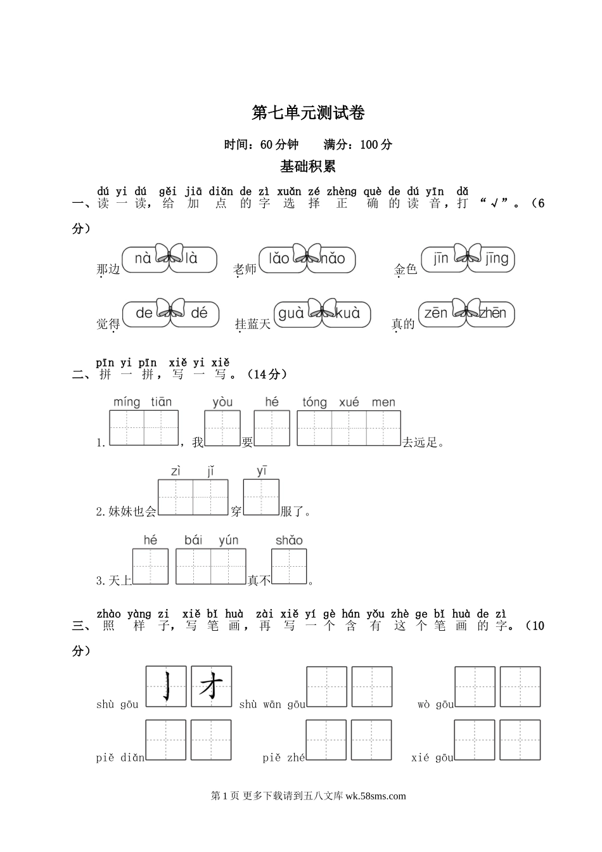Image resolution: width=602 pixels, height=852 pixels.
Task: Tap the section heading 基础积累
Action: click(x=307, y=166)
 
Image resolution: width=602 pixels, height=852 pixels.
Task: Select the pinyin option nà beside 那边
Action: click(x=143, y=259)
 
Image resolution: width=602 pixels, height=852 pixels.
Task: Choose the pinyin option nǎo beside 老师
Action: click(x=333, y=259)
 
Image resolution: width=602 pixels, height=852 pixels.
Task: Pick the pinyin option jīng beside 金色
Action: click(x=497, y=258)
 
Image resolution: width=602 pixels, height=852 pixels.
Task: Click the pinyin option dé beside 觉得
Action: click(x=198, y=313)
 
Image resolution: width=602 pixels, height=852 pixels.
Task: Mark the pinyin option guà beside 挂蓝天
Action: click(x=291, y=313)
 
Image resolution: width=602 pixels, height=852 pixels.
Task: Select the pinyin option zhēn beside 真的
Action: click(x=493, y=313)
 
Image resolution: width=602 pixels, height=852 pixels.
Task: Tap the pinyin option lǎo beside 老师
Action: click(x=279, y=259)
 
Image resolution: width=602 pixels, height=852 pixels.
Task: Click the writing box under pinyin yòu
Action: click(x=222, y=428)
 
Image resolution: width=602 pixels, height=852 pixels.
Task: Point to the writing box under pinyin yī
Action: click(x=261, y=496)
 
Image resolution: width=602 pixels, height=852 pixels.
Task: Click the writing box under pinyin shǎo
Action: click(x=289, y=565)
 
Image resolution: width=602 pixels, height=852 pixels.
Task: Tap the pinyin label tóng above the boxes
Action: click(x=314, y=403)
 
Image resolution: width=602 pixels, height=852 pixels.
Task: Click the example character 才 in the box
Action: click(x=211, y=687)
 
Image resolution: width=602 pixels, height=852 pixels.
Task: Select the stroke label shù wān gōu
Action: click(x=272, y=704)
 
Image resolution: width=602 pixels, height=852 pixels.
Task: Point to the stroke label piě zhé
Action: click(x=283, y=758)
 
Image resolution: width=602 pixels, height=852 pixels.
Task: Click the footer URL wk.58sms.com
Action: click(x=376, y=796)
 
